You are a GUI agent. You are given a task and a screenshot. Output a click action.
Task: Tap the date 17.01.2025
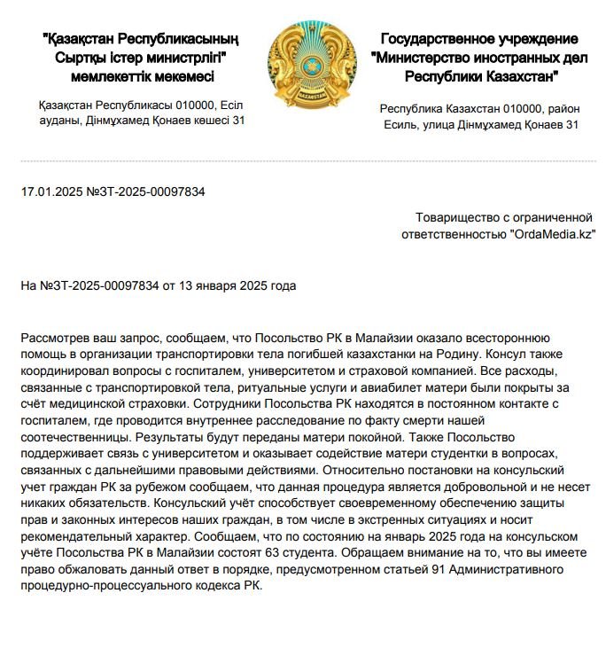pos(50,191)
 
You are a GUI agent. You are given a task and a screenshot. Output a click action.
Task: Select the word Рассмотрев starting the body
pos(56,339)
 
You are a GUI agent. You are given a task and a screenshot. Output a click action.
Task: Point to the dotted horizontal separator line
pos(303,160)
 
